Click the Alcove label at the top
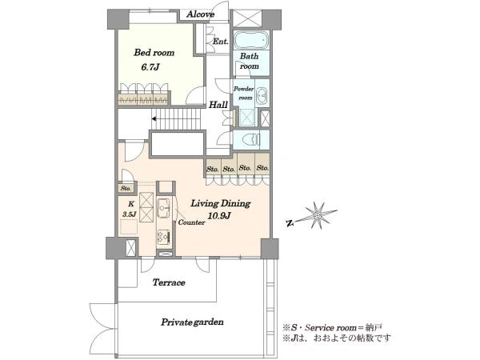[x=201, y=14]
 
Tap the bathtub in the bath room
[x=251, y=39]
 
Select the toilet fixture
[x=251, y=140]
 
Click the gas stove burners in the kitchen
[x=163, y=237]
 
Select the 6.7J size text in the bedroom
[x=150, y=67]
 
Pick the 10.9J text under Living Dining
[x=219, y=215]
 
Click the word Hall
[x=218, y=105]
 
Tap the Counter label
[x=192, y=222]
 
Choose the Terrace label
[x=169, y=282]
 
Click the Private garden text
[x=192, y=322]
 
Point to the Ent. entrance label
[x=221, y=42]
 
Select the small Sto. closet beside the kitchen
[x=126, y=188]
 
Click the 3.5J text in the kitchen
[x=130, y=214]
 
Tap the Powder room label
[x=244, y=93]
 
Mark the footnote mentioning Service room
[x=333, y=327]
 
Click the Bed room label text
[x=154, y=53]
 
